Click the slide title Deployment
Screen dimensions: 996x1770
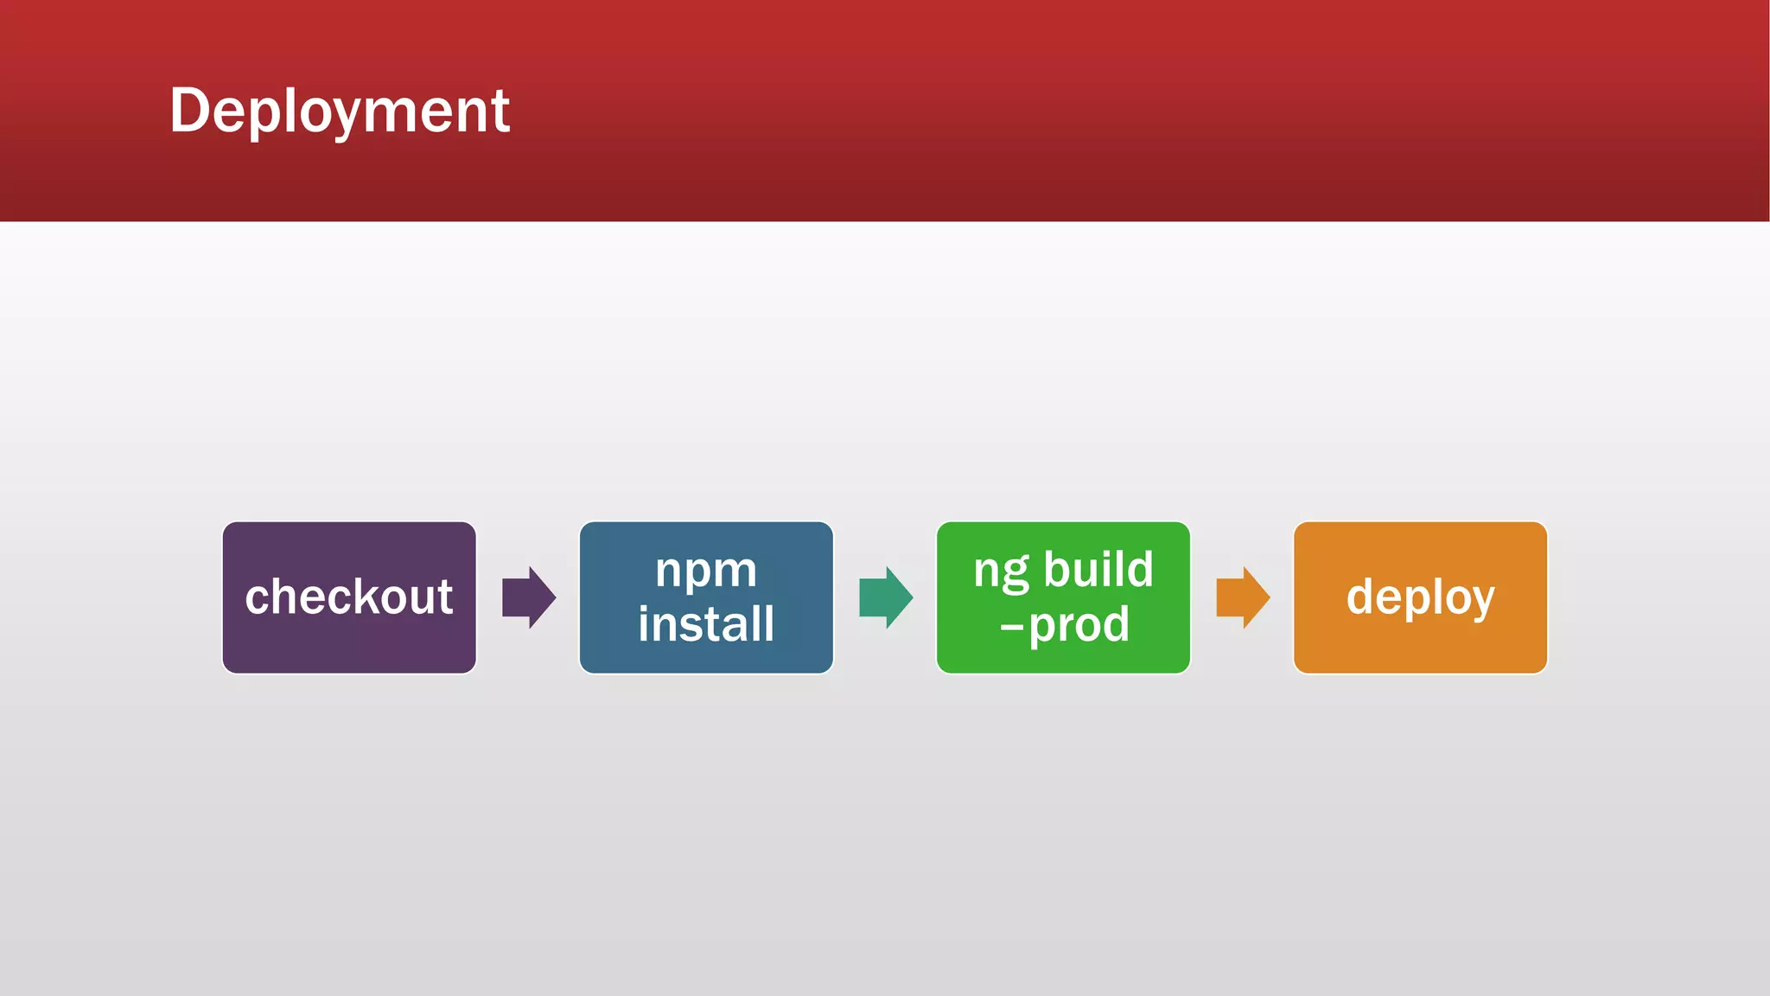click(340, 111)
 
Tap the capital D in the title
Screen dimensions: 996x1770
click(189, 111)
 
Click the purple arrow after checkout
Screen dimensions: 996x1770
click(528, 597)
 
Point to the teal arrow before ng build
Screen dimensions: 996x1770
click(885, 597)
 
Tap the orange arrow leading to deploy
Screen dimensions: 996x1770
click(1242, 597)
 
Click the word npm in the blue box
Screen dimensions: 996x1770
click(706, 571)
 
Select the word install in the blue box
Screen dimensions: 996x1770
click(706, 623)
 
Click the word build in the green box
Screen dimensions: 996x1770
click(1098, 570)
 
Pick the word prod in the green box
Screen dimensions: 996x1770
click(1079, 625)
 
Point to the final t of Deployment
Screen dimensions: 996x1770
click(500, 112)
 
